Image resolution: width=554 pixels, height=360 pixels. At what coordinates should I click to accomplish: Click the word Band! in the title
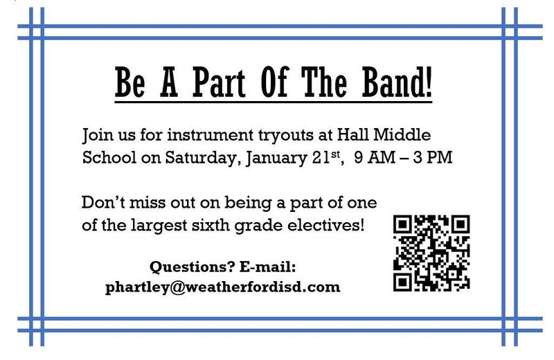click(x=397, y=82)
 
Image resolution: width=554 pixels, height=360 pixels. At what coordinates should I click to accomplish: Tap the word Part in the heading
click(x=219, y=82)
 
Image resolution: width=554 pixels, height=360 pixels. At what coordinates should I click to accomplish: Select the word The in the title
click(x=324, y=82)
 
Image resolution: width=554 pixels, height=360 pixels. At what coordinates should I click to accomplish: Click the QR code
click(x=431, y=253)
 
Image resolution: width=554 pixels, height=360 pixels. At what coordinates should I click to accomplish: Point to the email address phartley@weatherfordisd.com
click(x=222, y=287)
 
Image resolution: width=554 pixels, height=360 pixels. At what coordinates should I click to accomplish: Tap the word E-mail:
click(x=267, y=267)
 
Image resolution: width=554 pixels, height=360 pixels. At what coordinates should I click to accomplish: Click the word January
click(x=276, y=158)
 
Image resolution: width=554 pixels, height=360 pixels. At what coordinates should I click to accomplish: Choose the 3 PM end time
click(x=432, y=157)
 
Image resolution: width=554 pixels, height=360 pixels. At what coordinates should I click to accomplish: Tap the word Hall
click(x=352, y=134)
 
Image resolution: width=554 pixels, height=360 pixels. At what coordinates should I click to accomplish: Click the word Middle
click(x=402, y=134)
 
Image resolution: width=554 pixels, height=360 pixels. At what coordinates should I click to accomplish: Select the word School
click(x=109, y=157)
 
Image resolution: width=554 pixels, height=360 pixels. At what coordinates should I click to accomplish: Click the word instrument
click(x=211, y=135)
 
